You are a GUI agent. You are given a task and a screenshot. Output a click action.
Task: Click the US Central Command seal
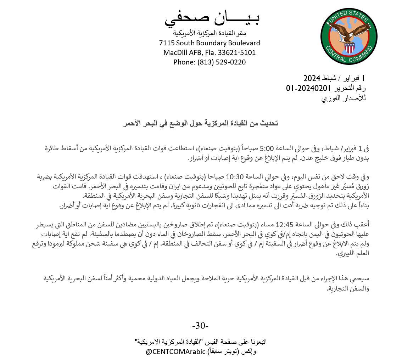click(x=349, y=36)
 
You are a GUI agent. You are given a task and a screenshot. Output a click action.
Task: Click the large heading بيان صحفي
click(x=212, y=18)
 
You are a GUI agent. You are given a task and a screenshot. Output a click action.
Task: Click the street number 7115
click(x=167, y=43)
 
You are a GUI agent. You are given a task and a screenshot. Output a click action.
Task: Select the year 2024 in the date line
click(x=312, y=78)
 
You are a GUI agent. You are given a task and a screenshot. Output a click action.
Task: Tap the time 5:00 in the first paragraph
click(x=267, y=148)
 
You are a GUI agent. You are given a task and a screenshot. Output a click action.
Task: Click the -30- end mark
click(x=200, y=325)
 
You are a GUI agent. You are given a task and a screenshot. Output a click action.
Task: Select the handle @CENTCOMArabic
click(x=175, y=351)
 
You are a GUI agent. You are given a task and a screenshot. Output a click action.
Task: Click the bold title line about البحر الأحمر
click(x=201, y=123)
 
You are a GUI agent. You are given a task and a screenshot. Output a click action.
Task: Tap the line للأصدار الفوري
click(x=343, y=98)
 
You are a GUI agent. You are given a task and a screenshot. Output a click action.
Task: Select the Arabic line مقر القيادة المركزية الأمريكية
click(x=210, y=33)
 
